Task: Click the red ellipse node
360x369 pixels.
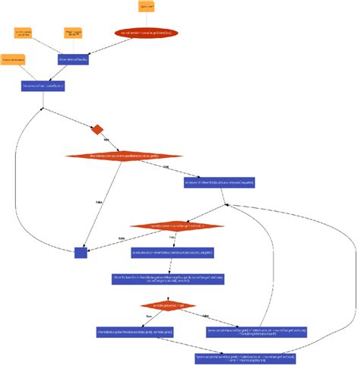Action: [147, 33]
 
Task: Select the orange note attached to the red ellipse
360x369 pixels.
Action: [147, 7]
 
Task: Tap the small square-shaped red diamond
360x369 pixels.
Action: [97, 130]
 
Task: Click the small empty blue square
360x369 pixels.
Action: [81, 252]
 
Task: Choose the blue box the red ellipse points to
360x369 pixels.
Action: [74, 58]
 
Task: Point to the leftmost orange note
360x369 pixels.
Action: [13, 58]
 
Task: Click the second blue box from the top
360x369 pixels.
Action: [43, 86]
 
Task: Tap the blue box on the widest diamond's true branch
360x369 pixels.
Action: [219, 182]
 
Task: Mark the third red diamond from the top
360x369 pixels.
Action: [178, 225]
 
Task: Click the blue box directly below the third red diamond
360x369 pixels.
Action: [173, 252]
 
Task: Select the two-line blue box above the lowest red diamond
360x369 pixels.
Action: [169, 279]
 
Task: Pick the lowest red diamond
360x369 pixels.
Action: [168, 306]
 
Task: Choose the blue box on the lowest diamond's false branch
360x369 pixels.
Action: [257, 332]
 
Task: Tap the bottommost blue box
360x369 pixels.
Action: [245, 358]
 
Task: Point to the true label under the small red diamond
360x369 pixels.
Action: [106, 142]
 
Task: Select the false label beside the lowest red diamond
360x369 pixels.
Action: [205, 316]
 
